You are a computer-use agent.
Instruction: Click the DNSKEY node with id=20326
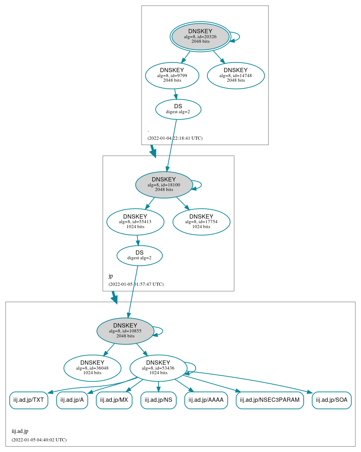coord(200,36)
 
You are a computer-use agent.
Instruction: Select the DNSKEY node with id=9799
coord(172,75)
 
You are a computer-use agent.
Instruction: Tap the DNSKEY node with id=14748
coord(236,75)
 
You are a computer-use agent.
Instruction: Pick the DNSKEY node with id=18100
coord(164,185)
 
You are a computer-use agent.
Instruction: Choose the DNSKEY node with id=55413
coord(135,222)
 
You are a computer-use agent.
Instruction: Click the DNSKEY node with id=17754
coord(201,222)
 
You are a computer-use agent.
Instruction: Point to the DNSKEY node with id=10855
coord(125,331)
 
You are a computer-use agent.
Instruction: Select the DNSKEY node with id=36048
coord(92,368)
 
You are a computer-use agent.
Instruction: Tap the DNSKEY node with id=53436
coord(158,368)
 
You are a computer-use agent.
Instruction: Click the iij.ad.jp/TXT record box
coord(29,400)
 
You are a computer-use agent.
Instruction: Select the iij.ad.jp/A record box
coord(72,400)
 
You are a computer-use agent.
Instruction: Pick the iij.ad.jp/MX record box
coord(114,400)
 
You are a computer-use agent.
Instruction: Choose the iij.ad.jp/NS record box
coord(159,400)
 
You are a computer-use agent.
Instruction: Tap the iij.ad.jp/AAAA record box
coord(206,400)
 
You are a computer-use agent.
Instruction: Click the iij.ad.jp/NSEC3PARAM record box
coord(270,400)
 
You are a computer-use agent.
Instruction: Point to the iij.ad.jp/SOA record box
coord(332,400)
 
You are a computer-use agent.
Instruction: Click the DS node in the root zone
coord(178,109)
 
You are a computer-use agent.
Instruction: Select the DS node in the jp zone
coord(139,255)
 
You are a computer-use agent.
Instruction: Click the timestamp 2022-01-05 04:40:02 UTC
coord(39,440)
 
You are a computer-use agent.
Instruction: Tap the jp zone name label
coord(111,276)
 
